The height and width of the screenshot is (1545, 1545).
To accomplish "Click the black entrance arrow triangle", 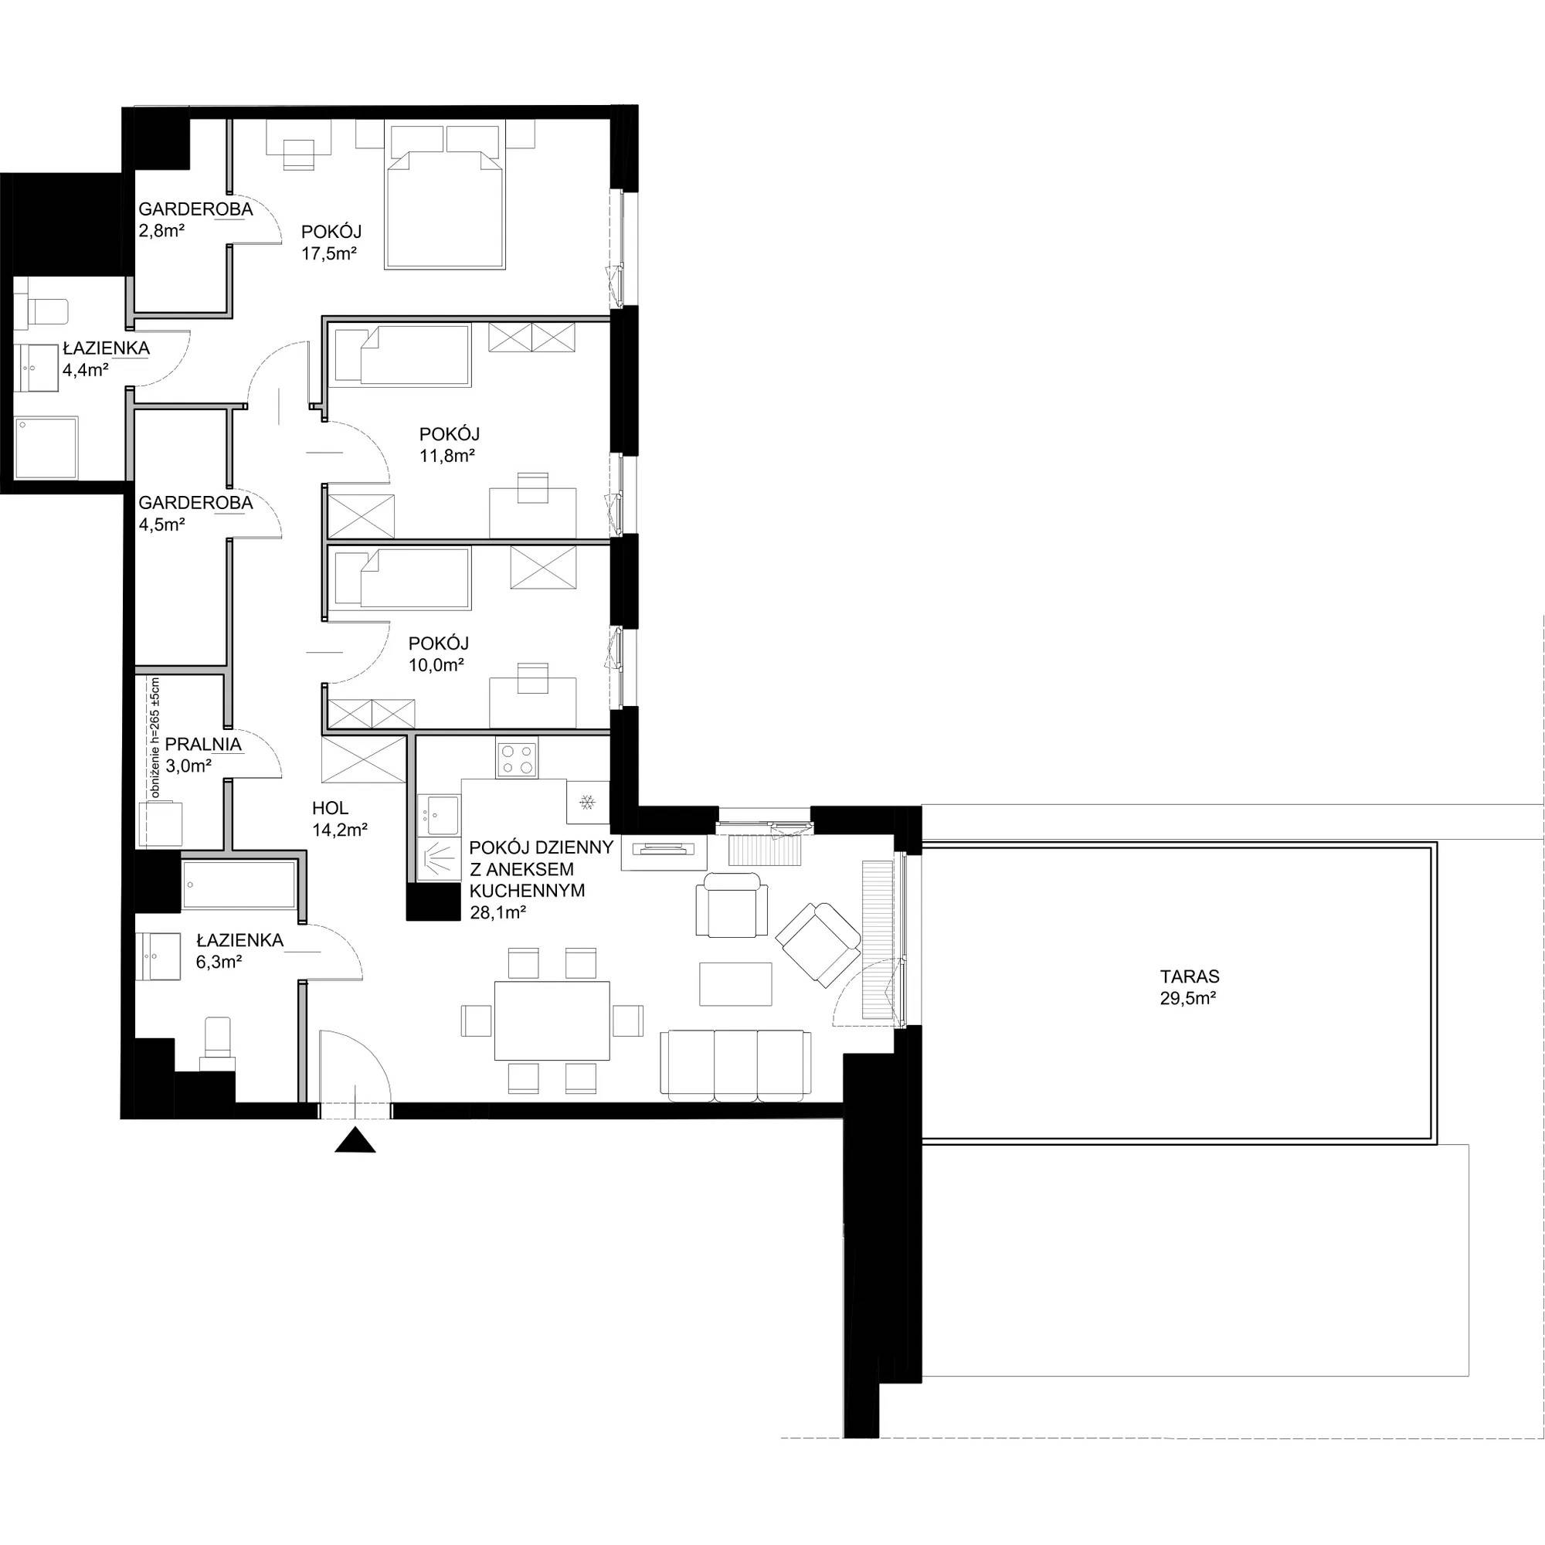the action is coord(355,1140).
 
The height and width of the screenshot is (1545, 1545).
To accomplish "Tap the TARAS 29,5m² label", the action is coord(1189,986).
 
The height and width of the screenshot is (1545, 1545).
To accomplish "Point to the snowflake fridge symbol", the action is coord(588,801).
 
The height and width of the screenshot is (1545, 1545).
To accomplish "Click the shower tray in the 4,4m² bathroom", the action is coord(48,447).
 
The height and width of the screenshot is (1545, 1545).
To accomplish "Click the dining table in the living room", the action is coord(552,1020).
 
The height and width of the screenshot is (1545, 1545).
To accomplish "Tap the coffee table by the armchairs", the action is coord(735,983).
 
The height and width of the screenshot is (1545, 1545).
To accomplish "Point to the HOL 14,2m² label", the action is coord(340,819).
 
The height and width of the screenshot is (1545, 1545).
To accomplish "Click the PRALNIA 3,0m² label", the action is coord(203,754).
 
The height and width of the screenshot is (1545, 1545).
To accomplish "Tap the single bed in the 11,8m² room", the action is coord(402,355).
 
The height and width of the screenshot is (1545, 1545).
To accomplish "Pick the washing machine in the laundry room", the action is coord(161,823).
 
